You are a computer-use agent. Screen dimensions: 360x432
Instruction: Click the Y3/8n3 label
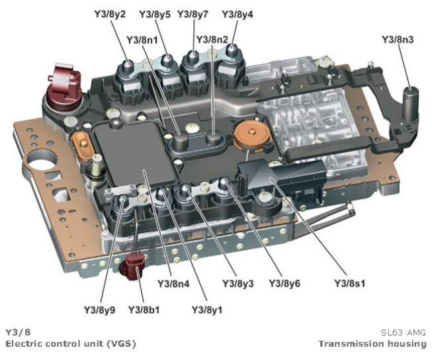[398, 39]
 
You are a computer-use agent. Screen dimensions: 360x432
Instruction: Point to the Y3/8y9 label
[100, 309]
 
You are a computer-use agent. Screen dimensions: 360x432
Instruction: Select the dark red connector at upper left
[65, 86]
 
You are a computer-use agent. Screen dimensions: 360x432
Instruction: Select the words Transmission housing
[372, 343]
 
